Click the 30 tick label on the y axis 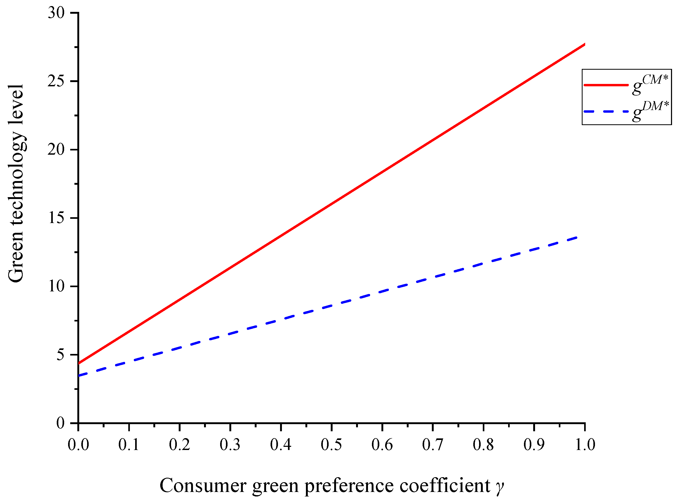click(56, 13)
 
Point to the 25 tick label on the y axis click(56, 82)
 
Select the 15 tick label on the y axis click(56, 218)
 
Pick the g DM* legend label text click(650, 111)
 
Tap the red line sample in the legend click(606, 85)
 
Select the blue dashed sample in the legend click(606, 112)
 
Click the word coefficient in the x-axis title click(445, 486)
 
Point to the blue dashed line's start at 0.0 click(79, 376)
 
